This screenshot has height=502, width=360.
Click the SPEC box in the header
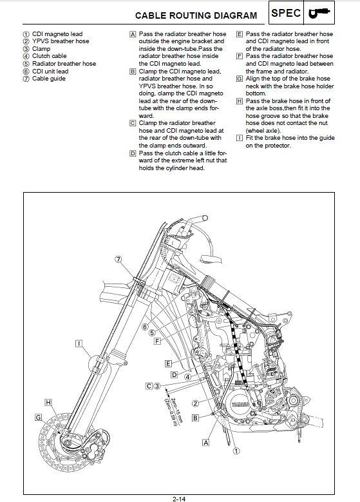point(286,13)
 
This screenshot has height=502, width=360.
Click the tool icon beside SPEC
point(319,13)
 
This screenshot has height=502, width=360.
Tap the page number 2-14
point(179,499)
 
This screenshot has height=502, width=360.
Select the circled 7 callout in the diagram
point(118,259)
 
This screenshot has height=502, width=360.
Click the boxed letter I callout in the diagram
point(79,343)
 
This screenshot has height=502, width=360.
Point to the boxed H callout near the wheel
point(48,402)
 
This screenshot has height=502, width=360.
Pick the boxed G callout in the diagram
point(38,417)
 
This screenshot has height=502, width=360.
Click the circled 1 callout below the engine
point(236,451)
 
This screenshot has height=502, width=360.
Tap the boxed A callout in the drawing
point(206,443)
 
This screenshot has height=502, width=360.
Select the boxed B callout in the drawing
point(195,418)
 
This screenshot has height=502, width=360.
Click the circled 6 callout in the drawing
point(145,327)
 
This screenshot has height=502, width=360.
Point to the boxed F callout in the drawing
point(157,342)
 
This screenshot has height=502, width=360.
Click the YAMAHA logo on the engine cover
point(240,405)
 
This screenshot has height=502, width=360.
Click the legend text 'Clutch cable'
point(50,56)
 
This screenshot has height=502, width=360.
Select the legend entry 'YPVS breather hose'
point(61,41)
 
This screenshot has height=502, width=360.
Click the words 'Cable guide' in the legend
point(49,79)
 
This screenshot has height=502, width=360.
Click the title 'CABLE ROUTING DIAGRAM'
point(196,15)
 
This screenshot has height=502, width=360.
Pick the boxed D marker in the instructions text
point(133,153)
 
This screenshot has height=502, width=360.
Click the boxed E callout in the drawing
point(168,363)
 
